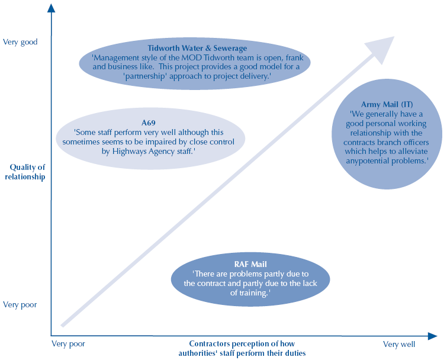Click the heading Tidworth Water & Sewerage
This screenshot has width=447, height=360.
click(198, 47)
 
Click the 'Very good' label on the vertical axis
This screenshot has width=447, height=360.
click(20, 42)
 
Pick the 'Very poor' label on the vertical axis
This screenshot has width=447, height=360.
click(20, 305)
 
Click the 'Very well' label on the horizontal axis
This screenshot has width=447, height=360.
click(399, 344)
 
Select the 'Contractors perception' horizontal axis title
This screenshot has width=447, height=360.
click(242, 348)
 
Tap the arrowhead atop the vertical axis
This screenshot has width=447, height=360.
click(52, 8)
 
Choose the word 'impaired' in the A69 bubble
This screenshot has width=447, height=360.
click(162, 142)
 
